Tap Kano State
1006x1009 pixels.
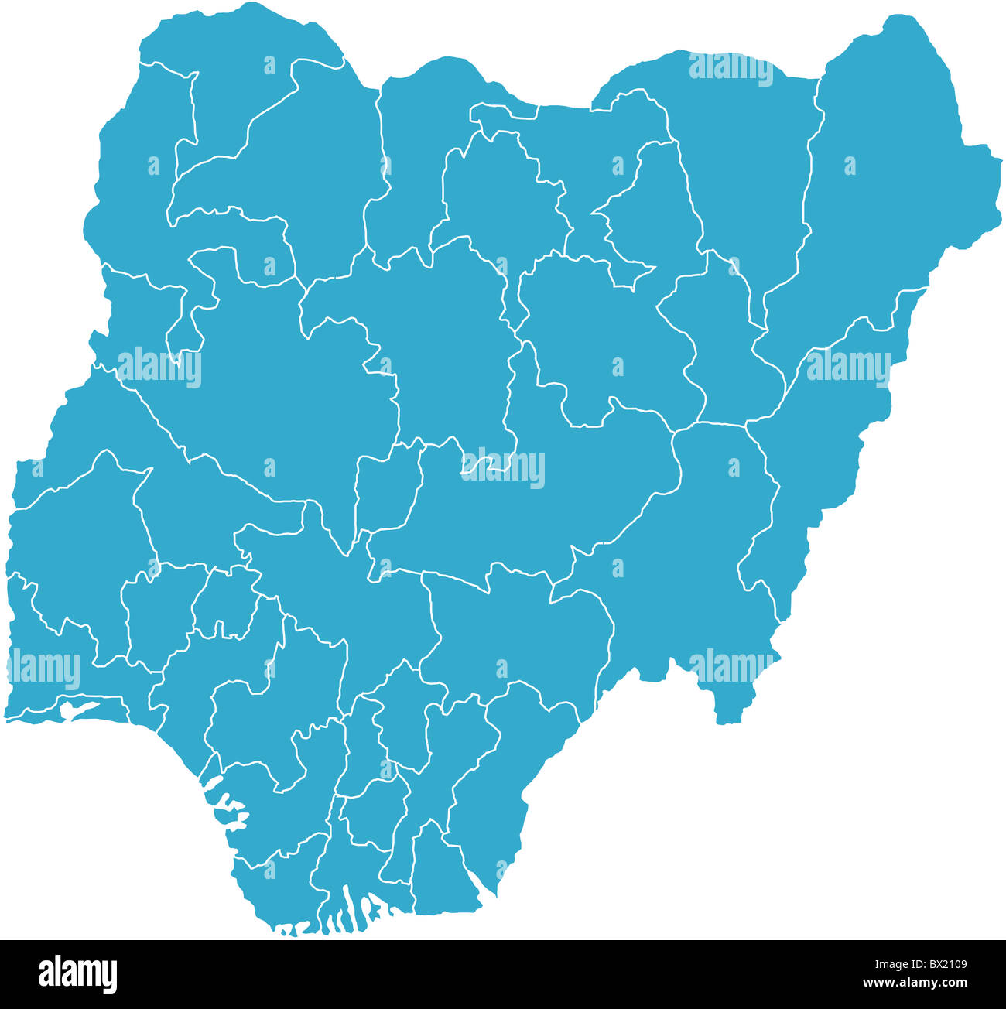pyautogui.click(x=503, y=193)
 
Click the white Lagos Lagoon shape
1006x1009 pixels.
pyautogui.click(x=77, y=709)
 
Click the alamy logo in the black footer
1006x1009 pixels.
pyautogui.click(x=77, y=973)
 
